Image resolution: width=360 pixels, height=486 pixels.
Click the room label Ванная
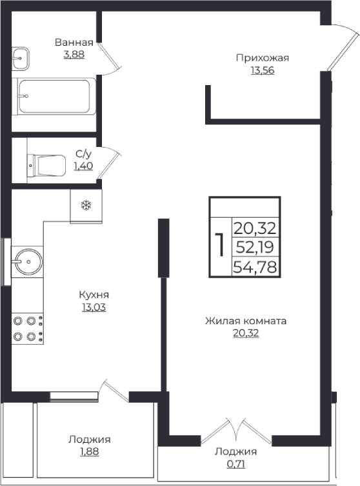tap(74, 43)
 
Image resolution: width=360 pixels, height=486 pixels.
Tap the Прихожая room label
tap(262, 58)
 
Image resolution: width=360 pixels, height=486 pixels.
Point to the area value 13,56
tap(262, 70)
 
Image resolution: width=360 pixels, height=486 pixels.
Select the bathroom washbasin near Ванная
tap(21, 57)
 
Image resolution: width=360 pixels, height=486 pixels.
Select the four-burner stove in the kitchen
tap(27, 327)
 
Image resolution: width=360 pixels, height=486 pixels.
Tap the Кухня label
tap(92, 295)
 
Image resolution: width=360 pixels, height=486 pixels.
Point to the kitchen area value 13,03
tap(92, 307)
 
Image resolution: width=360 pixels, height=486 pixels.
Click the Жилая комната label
tap(245, 320)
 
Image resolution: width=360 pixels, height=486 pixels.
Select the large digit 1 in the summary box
tap(219, 245)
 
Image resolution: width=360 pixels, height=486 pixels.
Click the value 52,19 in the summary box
tap(256, 246)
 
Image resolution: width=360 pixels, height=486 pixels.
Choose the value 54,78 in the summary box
tap(256, 266)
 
